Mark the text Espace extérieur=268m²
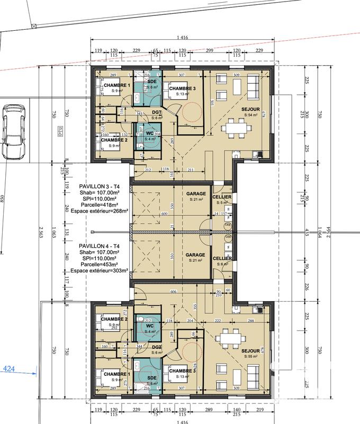(x=100, y=211)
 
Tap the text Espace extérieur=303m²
(x=100, y=270)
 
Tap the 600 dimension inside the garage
(x=164, y=214)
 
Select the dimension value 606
(x=173, y=291)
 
